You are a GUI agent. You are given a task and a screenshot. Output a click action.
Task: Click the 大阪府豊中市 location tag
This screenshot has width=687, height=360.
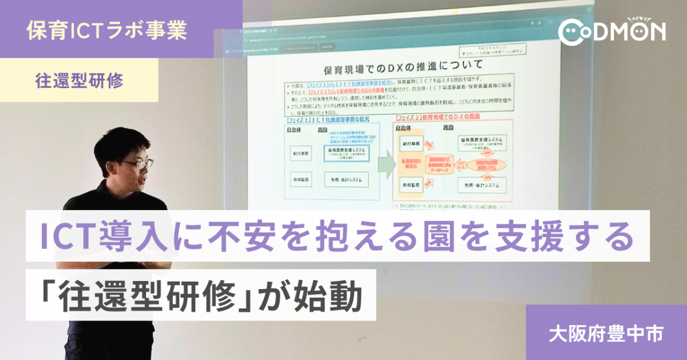[606, 333]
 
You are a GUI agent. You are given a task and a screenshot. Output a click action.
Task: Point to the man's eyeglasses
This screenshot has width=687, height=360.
[137, 164]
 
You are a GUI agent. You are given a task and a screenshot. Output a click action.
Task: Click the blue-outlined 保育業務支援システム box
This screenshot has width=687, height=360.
[346, 153]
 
